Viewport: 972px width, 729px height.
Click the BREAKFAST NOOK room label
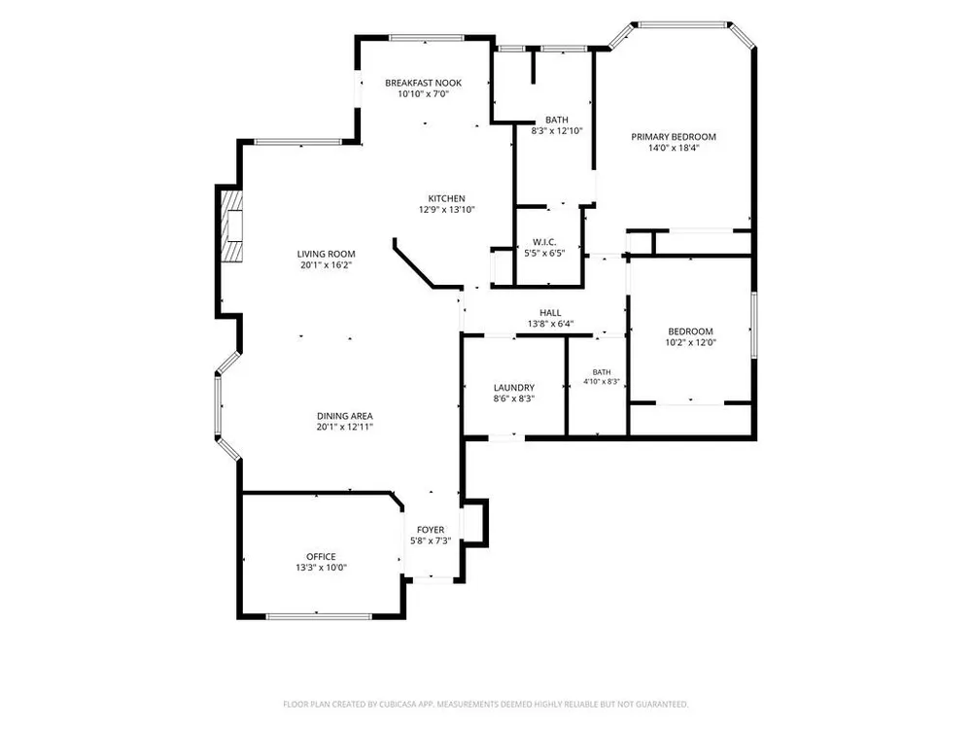(424, 83)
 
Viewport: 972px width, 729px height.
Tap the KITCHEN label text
(446, 198)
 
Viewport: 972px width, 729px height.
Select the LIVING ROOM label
(326, 254)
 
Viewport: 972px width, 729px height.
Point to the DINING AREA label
(345, 416)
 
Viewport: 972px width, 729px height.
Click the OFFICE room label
(321, 557)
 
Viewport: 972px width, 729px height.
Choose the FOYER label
(431, 530)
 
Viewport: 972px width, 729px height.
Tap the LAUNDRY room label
(514, 388)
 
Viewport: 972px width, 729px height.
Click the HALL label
(550, 312)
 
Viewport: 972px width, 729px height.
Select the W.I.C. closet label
(544, 242)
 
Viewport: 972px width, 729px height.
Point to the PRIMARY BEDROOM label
(674, 136)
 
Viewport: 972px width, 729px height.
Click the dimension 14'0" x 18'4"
(674, 148)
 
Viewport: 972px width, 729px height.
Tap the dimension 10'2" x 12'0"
(690, 342)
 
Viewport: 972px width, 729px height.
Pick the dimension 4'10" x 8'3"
(602, 382)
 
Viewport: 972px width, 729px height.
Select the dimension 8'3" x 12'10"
(557, 131)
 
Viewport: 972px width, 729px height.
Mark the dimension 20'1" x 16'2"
(326, 264)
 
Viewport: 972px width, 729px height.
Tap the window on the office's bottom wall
(319, 616)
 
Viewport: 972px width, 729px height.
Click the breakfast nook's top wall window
(427, 38)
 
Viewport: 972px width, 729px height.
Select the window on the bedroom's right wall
(754, 325)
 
